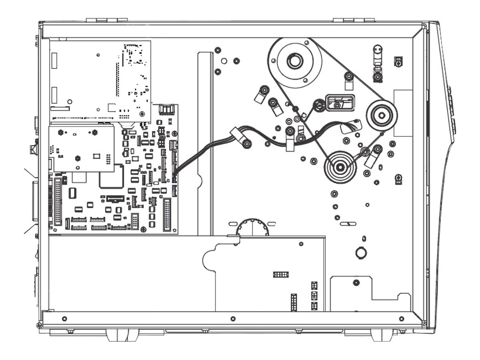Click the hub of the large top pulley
(294, 61)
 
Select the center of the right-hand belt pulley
(382, 114)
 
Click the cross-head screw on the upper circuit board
(142, 114)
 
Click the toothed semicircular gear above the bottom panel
(252, 227)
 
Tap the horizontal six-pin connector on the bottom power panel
(281, 274)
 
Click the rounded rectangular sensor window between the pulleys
(340, 103)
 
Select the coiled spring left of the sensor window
(319, 106)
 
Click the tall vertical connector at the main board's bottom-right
(167, 215)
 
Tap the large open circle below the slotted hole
(361, 253)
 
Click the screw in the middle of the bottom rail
(233, 319)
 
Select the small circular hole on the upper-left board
(70, 101)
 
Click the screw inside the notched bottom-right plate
(356, 283)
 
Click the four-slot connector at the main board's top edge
(166, 110)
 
